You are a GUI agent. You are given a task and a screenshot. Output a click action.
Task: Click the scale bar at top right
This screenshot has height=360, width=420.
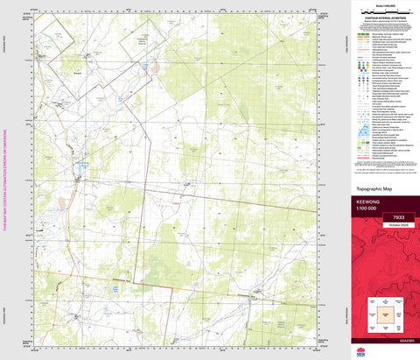pos(381,13)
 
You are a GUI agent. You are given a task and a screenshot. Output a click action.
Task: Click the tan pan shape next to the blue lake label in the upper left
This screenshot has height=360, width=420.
pos(155,67)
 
